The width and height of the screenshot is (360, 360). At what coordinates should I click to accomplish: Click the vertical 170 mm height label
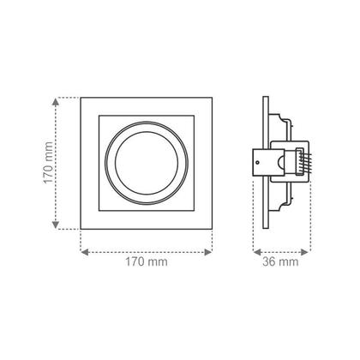(x=49, y=163)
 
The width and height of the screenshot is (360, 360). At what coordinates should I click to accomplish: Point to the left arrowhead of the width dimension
(x=83, y=253)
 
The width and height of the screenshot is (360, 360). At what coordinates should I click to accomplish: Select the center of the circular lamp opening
(x=146, y=163)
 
